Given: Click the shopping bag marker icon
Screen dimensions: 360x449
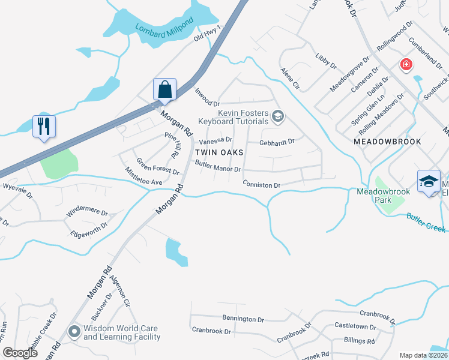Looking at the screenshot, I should click(164, 91).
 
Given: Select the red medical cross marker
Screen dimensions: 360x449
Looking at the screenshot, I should click(406, 65).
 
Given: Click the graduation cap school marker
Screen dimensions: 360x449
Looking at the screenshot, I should click(429, 181).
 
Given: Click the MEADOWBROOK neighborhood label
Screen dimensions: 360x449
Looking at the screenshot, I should click(387, 142).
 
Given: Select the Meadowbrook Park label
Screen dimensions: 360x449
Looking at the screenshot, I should click(383, 196).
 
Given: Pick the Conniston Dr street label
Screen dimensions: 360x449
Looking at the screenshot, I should click(262, 185).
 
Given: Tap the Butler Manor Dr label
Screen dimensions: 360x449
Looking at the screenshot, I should click(218, 166).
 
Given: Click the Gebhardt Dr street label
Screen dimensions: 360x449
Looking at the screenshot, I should click(277, 142).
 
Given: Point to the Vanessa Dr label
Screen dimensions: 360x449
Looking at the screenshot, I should click(215, 141).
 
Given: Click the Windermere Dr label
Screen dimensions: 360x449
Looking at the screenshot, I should click(87, 212).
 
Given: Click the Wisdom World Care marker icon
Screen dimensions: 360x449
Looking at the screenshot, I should click(74, 331).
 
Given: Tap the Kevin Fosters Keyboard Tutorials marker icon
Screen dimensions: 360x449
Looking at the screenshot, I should click(277, 116).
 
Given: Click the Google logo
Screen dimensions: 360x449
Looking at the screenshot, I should click(20, 353).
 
